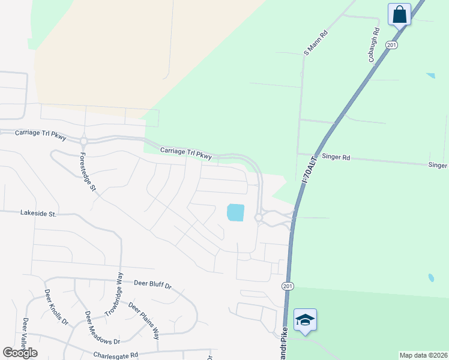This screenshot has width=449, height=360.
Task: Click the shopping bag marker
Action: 399,14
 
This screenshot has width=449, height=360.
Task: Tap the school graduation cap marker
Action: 305,319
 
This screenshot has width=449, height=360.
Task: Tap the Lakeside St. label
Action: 38,212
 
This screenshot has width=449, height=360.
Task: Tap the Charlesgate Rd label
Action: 116,355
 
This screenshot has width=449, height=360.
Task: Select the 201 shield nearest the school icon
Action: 286,286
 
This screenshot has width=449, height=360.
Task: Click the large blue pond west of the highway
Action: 235,212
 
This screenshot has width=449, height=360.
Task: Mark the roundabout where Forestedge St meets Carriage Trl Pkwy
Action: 83,141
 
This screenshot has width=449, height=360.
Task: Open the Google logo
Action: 20,353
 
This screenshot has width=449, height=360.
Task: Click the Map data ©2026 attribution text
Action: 423,355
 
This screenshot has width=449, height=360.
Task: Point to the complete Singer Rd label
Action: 336,157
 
